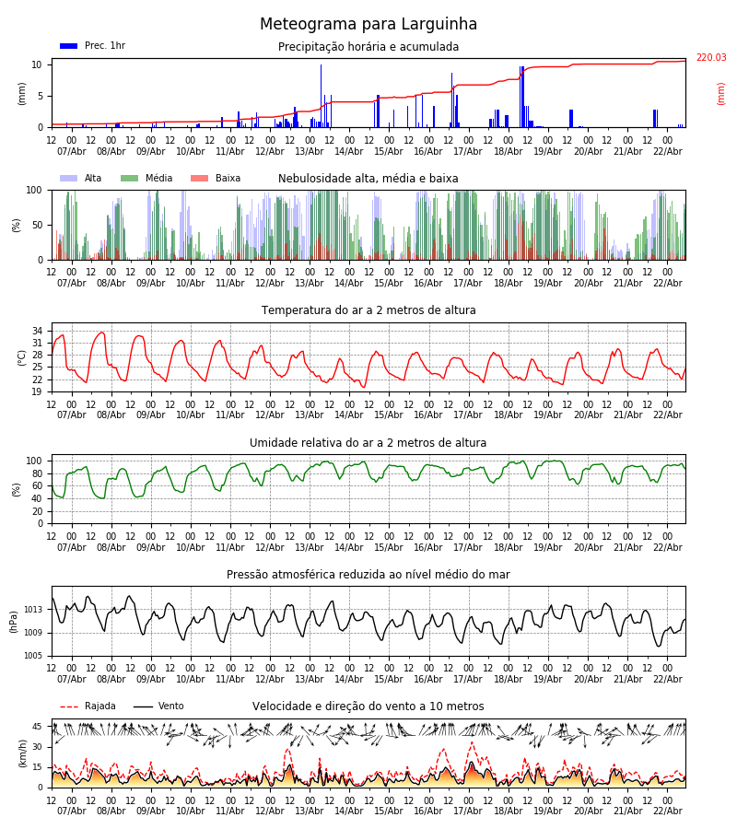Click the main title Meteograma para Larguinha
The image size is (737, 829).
[x=368, y=25]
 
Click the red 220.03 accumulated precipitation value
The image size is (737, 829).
[x=710, y=58]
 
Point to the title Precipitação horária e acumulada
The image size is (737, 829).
[x=368, y=47]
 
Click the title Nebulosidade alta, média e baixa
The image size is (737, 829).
[x=368, y=179]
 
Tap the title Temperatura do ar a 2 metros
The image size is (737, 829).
[x=368, y=310]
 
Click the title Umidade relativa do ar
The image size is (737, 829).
[x=368, y=443]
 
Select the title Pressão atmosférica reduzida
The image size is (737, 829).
[x=368, y=575]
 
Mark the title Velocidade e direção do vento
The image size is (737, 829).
[x=368, y=706]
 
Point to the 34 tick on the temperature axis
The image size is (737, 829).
[x=38, y=331]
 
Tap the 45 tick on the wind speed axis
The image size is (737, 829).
[x=38, y=727]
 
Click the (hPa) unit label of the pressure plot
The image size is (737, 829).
[x=13, y=621]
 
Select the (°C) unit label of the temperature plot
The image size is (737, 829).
[x=22, y=357]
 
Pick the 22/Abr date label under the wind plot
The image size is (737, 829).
[x=667, y=811]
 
